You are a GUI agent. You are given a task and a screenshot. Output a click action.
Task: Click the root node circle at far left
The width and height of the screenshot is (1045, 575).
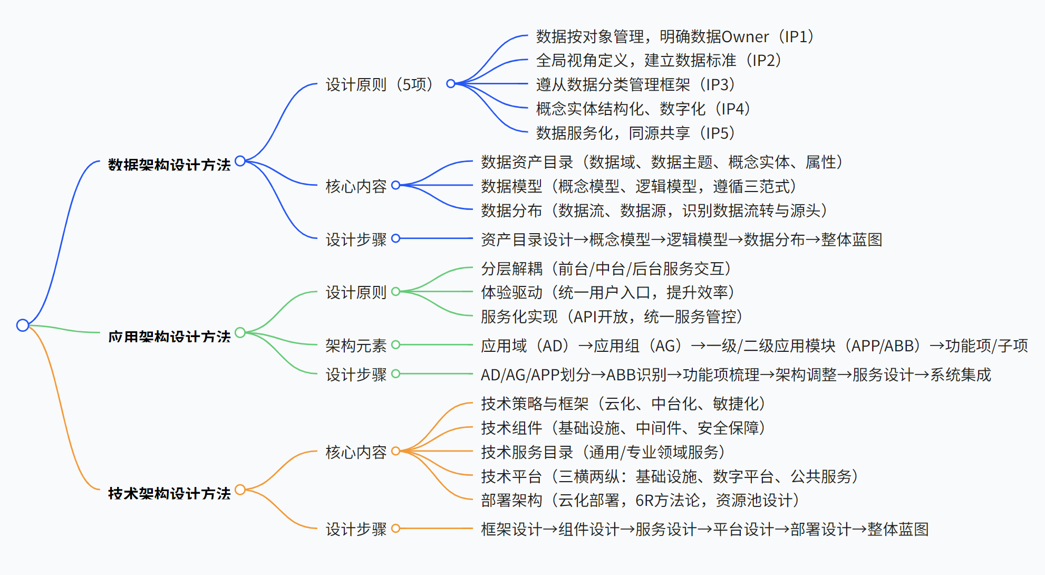click(x=23, y=325)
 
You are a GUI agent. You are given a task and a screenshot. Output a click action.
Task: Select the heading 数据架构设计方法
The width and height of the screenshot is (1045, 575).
click(x=169, y=165)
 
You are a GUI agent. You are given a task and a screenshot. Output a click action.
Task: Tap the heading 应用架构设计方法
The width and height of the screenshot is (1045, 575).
click(x=169, y=337)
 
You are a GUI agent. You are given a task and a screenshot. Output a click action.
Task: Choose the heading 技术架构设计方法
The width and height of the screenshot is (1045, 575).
click(x=169, y=493)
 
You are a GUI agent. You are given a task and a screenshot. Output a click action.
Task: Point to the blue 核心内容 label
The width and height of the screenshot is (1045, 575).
click(x=356, y=186)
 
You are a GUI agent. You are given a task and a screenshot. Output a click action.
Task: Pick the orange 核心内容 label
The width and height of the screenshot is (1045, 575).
click(x=356, y=452)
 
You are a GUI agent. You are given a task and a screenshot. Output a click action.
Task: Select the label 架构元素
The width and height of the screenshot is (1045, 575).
click(x=356, y=346)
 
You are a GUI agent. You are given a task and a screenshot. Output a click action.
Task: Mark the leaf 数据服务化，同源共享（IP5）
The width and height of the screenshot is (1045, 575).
click(x=636, y=133)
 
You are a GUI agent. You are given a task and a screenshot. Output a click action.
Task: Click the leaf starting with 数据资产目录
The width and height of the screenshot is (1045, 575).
click(x=662, y=162)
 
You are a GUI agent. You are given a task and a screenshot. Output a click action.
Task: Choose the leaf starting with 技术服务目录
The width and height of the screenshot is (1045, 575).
click(x=603, y=452)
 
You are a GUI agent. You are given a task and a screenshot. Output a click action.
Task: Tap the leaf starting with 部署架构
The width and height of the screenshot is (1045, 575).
click(x=641, y=500)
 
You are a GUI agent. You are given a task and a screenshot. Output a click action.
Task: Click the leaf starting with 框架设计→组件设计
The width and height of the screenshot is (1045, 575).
click(x=704, y=529)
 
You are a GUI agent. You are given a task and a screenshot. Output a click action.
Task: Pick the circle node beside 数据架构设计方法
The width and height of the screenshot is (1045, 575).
click(x=240, y=161)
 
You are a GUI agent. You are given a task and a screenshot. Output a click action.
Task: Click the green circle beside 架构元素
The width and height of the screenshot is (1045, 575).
click(x=396, y=345)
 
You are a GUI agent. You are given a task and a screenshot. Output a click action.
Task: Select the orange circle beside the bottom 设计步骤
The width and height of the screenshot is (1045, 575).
click(x=396, y=528)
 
